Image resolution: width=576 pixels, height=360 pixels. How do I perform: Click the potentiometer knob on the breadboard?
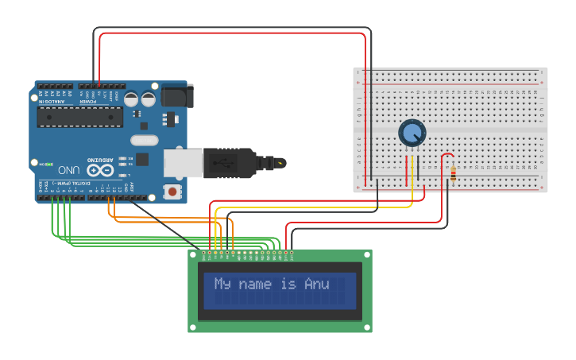412,133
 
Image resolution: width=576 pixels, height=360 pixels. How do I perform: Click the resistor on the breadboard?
453,173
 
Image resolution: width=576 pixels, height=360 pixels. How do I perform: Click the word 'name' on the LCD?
255,284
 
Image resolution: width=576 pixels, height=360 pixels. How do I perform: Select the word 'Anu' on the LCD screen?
316,284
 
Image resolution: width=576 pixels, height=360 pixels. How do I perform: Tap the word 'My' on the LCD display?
222,284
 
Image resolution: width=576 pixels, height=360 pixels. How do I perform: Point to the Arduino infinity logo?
101,169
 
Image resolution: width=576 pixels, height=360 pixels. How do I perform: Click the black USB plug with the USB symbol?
230,162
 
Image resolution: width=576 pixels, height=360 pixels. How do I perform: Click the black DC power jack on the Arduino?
176,96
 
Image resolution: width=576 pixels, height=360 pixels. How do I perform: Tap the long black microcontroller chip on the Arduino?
79,117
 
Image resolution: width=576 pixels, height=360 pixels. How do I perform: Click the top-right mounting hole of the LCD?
366,255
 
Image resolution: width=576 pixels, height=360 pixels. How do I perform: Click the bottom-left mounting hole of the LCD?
193,326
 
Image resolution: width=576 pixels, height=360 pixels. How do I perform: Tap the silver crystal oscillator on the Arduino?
145,141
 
